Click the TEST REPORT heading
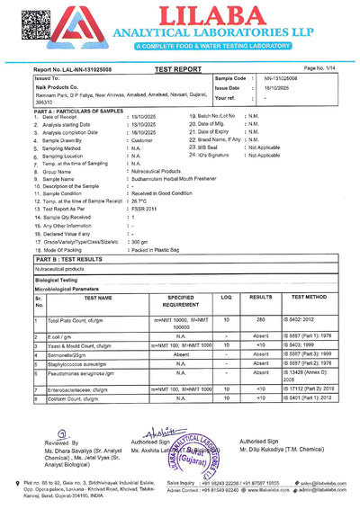[x=178, y=68]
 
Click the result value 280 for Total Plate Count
[x=261, y=319]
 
